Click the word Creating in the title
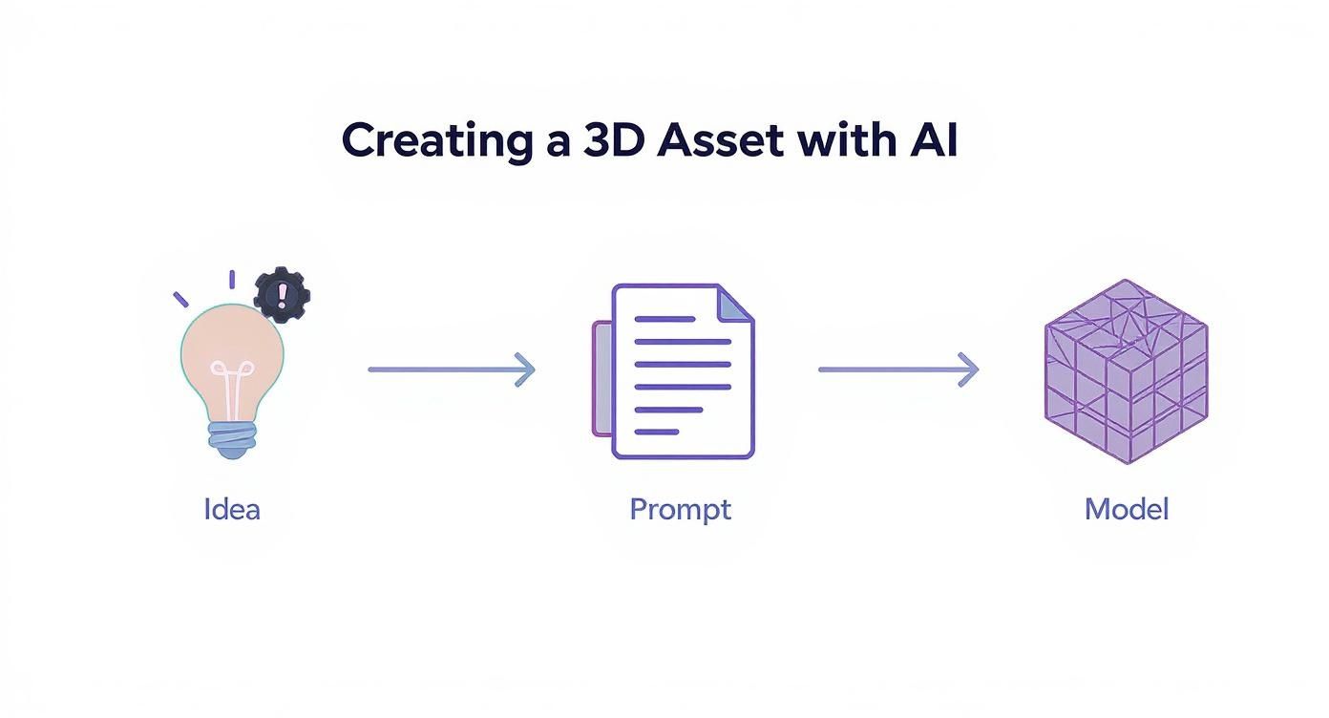click(434, 141)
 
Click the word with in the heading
click(842, 141)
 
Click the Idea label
click(232, 509)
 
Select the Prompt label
click(680, 509)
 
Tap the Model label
click(1127, 509)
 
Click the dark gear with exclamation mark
click(282, 294)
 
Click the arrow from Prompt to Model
click(897, 370)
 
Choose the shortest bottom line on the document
click(657, 432)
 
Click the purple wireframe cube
click(1127, 372)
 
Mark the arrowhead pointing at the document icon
click(525, 370)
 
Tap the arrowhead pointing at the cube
click(970, 370)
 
